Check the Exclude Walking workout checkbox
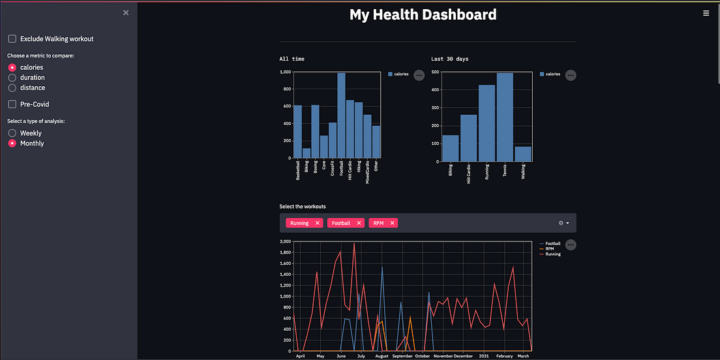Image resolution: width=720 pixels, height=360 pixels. [x=12, y=39]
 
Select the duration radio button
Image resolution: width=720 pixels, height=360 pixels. [x=12, y=78]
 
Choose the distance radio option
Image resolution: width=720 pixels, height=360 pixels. [x=12, y=87]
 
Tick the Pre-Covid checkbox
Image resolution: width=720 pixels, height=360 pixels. [x=12, y=104]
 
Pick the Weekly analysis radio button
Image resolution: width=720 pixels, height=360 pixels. [x=12, y=133]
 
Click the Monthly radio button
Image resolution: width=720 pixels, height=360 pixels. [x=12, y=143]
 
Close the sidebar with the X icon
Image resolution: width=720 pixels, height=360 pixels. [x=126, y=12]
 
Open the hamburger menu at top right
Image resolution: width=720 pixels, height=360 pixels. [x=706, y=13]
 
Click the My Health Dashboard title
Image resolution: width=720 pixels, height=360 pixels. [x=423, y=14]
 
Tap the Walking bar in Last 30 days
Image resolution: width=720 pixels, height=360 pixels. [x=522, y=154]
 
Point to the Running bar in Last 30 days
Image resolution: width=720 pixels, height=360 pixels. [x=487, y=123]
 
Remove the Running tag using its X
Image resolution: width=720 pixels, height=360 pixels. [x=318, y=223]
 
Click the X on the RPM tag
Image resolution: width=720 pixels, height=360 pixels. [x=393, y=223]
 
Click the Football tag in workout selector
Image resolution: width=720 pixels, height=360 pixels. [x=340, y=223]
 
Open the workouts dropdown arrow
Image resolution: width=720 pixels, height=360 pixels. [x=567, y=223]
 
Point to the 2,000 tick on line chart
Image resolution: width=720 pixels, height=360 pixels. [x=285, y=241]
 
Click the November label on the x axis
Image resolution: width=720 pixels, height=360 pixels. [x=443, y=356]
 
